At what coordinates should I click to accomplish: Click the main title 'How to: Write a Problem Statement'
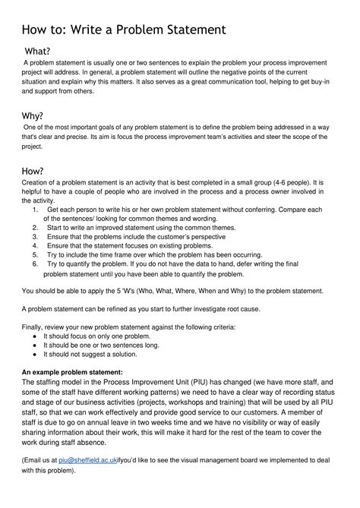pyautogui.click(x=124, y=30)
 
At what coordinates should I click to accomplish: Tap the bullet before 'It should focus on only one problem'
pyautogui.click(x=36, y=336)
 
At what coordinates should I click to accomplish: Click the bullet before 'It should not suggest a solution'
pyautogui.click(x=36, y=354)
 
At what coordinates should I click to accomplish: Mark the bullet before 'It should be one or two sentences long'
pyautogui.click(x=36, y=345)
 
